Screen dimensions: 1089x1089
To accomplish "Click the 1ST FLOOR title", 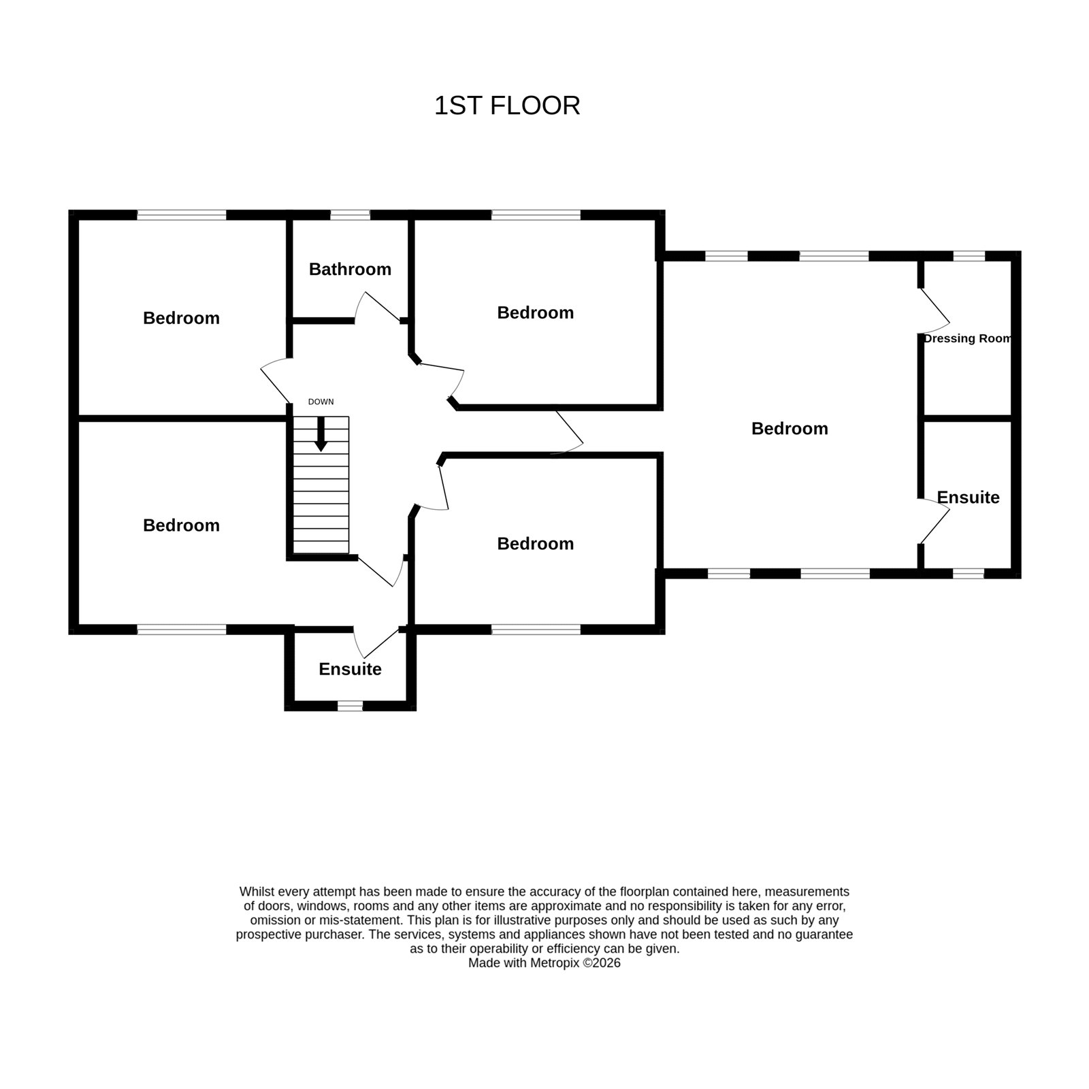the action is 507,106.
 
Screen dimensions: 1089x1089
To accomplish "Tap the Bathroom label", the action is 350,270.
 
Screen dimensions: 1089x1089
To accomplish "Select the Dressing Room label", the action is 967,338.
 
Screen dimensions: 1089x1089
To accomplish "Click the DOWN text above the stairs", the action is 321,402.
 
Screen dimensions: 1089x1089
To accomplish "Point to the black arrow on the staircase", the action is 321,434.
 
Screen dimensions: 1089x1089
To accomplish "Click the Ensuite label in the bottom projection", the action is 350,669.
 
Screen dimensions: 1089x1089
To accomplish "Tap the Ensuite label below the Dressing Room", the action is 968,498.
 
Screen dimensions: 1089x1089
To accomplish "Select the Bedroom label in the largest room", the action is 790,429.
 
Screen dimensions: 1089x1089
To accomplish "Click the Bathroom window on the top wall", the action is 351,215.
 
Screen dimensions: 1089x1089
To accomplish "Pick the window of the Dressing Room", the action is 969,256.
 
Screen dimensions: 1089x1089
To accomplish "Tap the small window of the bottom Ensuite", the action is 351,706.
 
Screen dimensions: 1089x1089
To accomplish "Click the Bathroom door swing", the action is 375,306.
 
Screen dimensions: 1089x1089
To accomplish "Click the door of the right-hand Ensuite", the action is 934,521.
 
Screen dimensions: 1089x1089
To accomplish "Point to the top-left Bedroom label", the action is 181,319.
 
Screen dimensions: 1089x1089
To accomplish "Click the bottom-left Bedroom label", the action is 181,525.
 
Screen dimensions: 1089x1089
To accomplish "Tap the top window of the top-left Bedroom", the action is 182,215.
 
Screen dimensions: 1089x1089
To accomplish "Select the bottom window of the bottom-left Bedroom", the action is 182,630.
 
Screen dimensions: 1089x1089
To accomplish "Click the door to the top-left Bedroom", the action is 275,381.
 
